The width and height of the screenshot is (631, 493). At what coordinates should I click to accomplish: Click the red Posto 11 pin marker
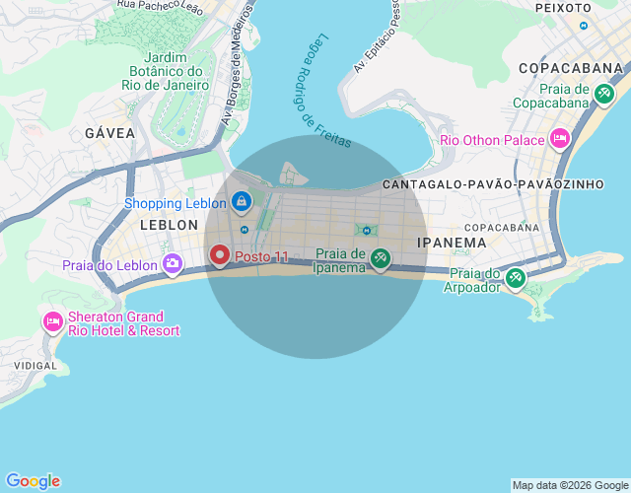(x=220, y=256)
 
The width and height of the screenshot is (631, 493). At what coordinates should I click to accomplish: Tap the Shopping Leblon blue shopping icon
(x=242, y=202)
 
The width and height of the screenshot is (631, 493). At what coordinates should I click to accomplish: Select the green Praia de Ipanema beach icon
(x=381, y=259)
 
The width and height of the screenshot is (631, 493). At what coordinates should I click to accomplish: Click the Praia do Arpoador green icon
(x=515, y=279)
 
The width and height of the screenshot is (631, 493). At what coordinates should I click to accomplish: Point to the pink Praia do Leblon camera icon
(x=173, y=263)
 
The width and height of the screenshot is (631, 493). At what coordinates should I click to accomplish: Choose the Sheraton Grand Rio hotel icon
(x=52, y=322)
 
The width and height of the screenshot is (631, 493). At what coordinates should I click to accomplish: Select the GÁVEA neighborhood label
(x=109, y=133)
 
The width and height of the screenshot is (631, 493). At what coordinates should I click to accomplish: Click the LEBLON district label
(x=170, y=225)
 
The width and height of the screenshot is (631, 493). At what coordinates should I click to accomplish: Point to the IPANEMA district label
(x=452, y=242)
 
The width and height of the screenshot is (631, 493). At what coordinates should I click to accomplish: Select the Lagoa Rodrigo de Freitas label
(x=323, y=100)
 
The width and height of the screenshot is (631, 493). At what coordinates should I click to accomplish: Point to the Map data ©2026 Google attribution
(x=570, y=485)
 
